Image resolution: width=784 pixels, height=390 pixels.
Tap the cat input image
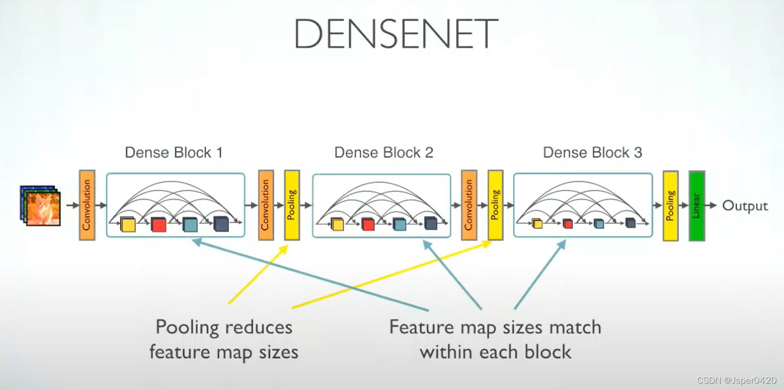coord(42,206)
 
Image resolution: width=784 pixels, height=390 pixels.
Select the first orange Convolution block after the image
coord(87,205)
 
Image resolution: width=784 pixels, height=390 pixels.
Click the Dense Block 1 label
coord(173,152)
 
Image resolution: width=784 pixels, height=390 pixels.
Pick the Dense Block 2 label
coord(383,152)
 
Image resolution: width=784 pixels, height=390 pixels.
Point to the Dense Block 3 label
coord(592,152)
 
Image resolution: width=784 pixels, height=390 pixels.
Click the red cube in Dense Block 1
coord(158,224)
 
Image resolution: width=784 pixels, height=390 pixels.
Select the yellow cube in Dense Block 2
coord(337,224)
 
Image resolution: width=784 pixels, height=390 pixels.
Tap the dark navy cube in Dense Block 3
coord(630,223)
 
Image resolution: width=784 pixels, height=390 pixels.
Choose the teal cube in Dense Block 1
coord(190,224)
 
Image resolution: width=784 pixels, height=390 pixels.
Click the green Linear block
coord(696,206)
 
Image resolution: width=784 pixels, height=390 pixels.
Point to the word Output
coord(745,206)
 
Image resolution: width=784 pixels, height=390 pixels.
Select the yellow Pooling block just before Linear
coord(670,206)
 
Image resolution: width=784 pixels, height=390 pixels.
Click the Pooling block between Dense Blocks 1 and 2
coord(291,205)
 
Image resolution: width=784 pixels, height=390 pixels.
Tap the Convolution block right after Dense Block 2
coord(469,205)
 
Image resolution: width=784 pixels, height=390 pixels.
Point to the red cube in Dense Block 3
coord(568,224)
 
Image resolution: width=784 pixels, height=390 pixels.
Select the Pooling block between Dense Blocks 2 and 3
coord(495,205)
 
